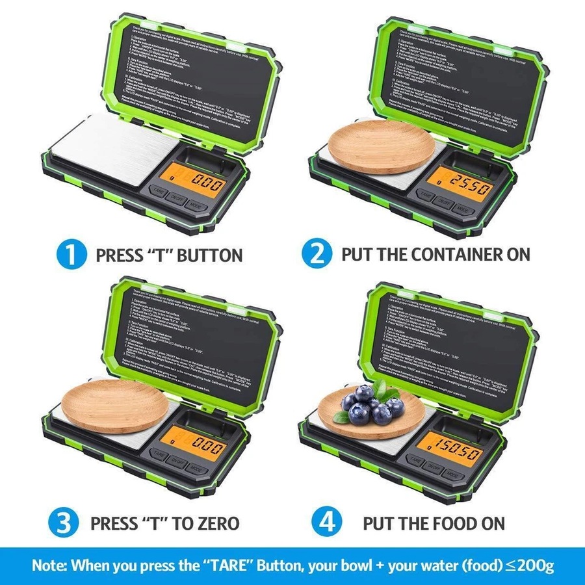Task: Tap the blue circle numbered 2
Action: pyautogui.click(x=317, y=254)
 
